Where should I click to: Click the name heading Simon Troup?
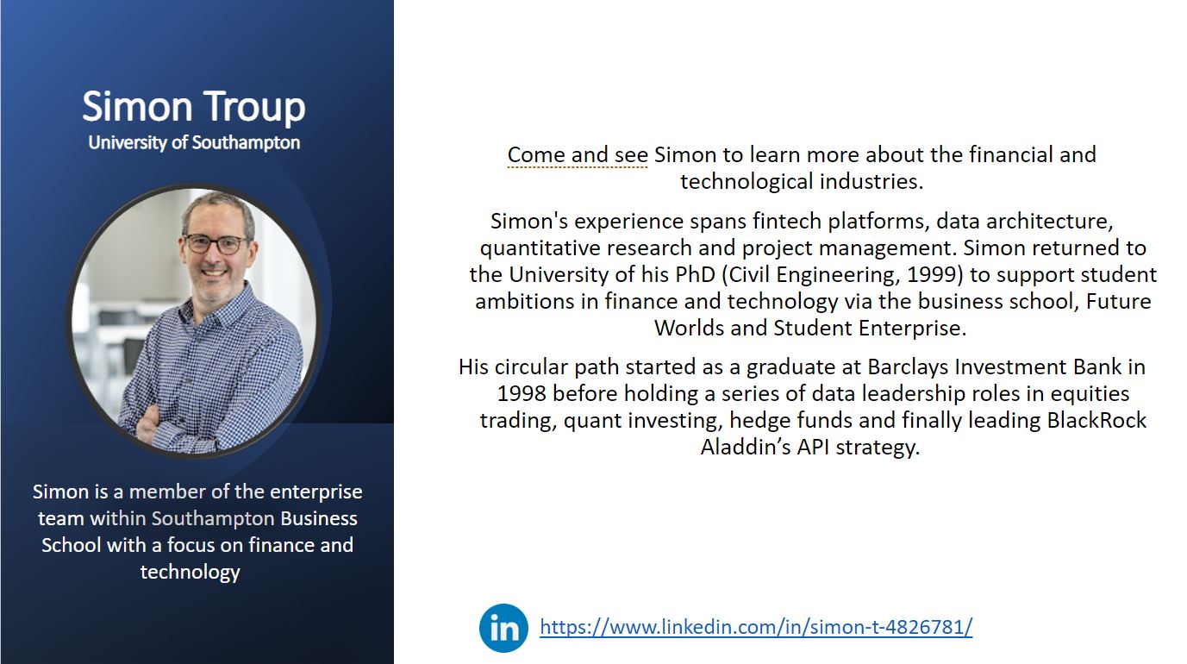(x=194, y=108)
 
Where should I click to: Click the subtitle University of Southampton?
(x=194, y=142)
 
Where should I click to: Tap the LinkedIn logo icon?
(x=503, y=628)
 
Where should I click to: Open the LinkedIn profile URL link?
(x=756, y=627)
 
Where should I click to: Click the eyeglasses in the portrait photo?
(x=216, y=244)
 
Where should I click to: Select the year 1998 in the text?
(x=522, y=394)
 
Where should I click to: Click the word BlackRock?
(x=1096, y=420)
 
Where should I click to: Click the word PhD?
(x=696, y=274)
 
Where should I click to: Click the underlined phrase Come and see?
(x=578, y=154)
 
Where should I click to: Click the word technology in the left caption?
(x=191, y=572)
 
